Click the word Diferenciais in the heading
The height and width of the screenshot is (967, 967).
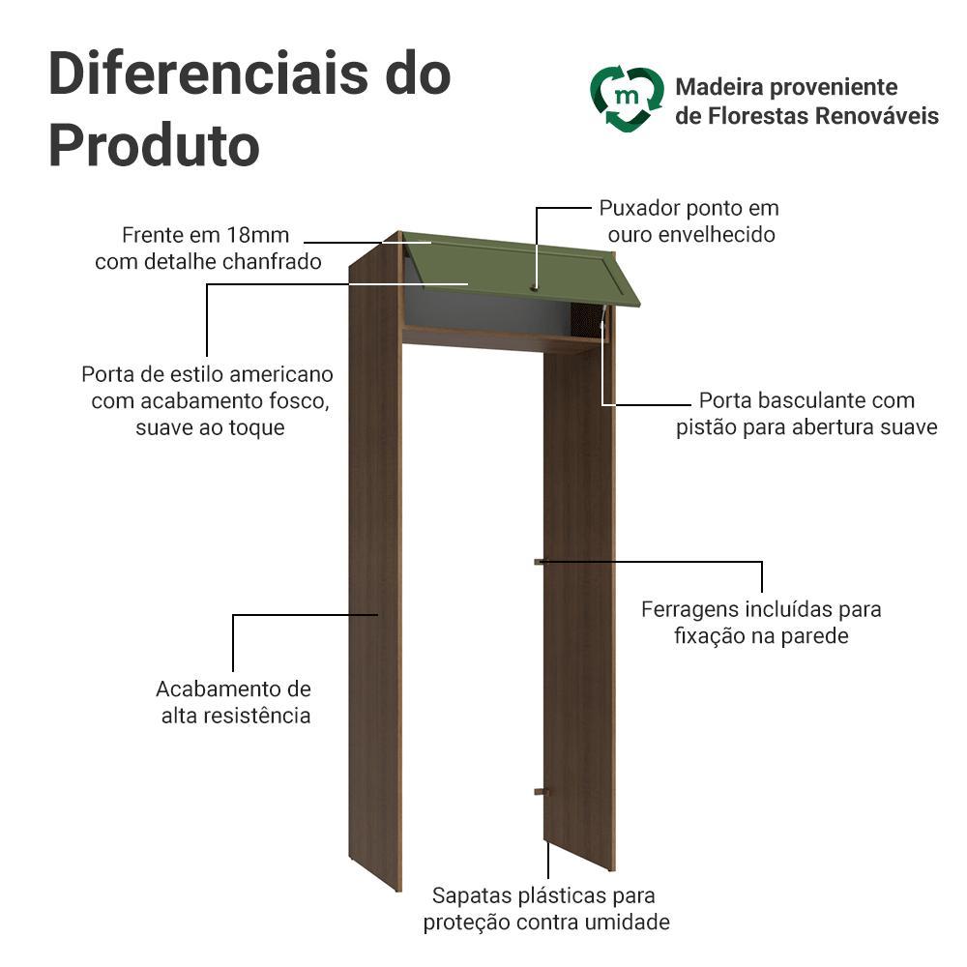(x=209, y=73)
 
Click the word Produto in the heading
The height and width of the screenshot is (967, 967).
(x=154, y=146)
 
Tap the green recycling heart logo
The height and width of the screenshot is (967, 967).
(x=627, y=100)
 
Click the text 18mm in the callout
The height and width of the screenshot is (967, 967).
(x=258, y=235)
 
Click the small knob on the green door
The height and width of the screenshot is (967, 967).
(x=534, y=287)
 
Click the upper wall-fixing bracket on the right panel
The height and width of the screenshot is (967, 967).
(x=540, y=562)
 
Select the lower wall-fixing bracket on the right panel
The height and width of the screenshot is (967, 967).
(x=541, y=791)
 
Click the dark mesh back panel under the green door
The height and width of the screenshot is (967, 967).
(x=586, y=319)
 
